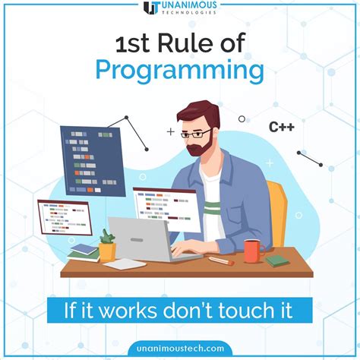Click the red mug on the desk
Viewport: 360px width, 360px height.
point(251,248)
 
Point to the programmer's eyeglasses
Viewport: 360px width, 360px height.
point(198,134)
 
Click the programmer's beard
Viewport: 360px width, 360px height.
point(199,147)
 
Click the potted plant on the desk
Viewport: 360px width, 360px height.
point(108,245)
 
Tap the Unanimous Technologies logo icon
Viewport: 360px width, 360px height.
point(151,9)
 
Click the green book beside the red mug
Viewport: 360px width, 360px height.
point(276,259)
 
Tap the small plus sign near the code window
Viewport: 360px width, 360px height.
point(170,131)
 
